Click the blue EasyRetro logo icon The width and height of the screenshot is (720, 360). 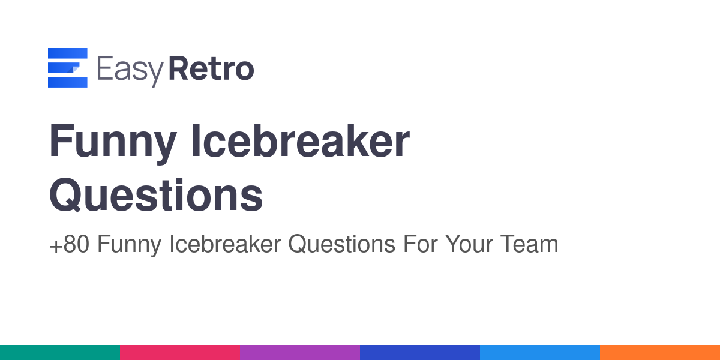[x=67, y=67]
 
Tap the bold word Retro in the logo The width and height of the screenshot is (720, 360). [x=211, y=68]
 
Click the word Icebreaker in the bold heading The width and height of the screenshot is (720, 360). [x=301, y=140]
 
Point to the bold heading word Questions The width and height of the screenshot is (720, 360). [x=156, y=195]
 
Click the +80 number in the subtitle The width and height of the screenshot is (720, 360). [x=70, y=244]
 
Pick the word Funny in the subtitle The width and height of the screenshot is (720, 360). [x=129, y=245]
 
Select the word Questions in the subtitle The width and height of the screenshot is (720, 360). [x=342, y=244]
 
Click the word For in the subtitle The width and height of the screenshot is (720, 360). [x=421, y=244]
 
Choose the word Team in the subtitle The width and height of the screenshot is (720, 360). [x=529, y=244]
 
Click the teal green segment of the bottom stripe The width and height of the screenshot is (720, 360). [x=60, y=353]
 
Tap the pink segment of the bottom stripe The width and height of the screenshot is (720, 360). [x=180, y=353]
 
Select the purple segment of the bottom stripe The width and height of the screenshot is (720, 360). [x=300, y=353]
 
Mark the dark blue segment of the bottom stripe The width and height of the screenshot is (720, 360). [x=420, y=353]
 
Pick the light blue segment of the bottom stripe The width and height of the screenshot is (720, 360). [x=540, y=353]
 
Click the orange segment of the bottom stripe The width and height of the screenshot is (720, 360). [x=660, y=353]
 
